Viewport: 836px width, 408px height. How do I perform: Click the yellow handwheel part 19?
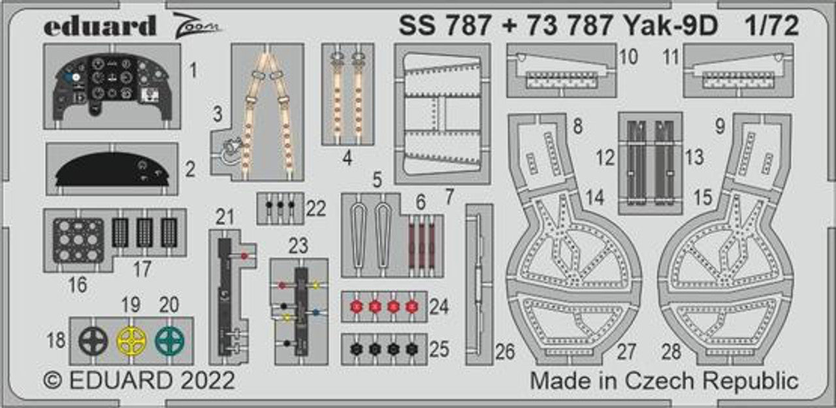pyautogui.click(x=132, y=340)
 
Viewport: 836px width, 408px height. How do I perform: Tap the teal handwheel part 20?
pyautogui.click(x=170, y=340)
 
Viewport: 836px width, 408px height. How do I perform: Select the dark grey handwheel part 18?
pyautogui.click(x=93, y=340)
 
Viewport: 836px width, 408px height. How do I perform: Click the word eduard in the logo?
pyautogui.click(x=100, y=25)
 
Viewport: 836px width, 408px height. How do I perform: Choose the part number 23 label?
pyautogui.click(x=298, y=245)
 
